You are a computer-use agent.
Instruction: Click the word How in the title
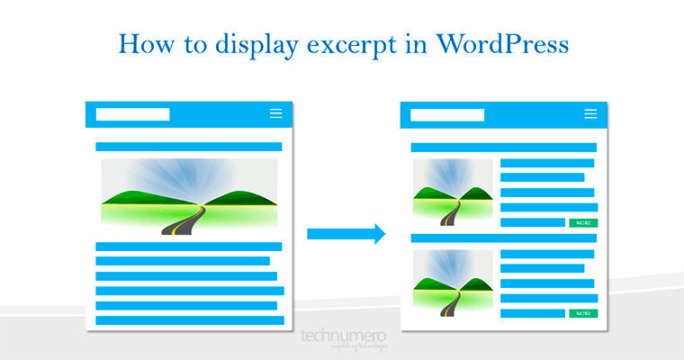point(144,43)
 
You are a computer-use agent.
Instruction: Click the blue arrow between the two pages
point(346,234)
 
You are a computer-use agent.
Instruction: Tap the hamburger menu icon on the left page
point(275,114)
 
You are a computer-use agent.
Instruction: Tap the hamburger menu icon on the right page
point(590,114)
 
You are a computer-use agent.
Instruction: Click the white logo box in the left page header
point(132,114)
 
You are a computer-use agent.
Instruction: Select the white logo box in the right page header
point(447,114)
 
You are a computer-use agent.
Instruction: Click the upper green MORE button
point(583,222)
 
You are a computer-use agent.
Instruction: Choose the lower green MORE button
point(583,313)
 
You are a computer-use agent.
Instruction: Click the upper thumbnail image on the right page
point(453,192)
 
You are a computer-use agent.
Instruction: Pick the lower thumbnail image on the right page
point(453,283)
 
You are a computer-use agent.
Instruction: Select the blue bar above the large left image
point(189,147)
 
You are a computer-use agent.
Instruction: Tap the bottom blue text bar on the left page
point(190,319)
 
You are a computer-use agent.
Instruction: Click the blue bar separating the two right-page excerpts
point(504,238)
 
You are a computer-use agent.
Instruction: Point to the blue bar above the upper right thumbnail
point(504,147)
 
